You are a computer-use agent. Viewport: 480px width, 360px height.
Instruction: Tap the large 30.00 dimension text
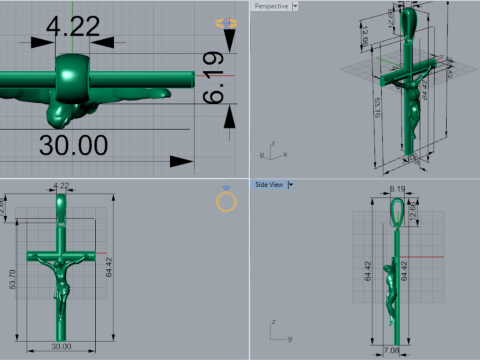73,144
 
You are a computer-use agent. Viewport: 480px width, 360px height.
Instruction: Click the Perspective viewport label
271,6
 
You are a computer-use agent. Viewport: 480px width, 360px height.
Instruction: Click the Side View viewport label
269,184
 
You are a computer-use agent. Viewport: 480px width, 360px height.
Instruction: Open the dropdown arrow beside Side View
291,184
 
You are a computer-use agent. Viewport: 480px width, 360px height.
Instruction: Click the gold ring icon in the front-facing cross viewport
226,202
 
